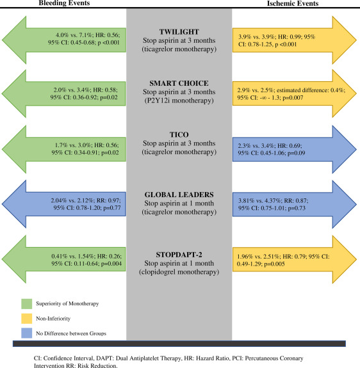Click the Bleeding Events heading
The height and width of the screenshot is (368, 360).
54,4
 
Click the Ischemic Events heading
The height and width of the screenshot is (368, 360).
305,4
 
